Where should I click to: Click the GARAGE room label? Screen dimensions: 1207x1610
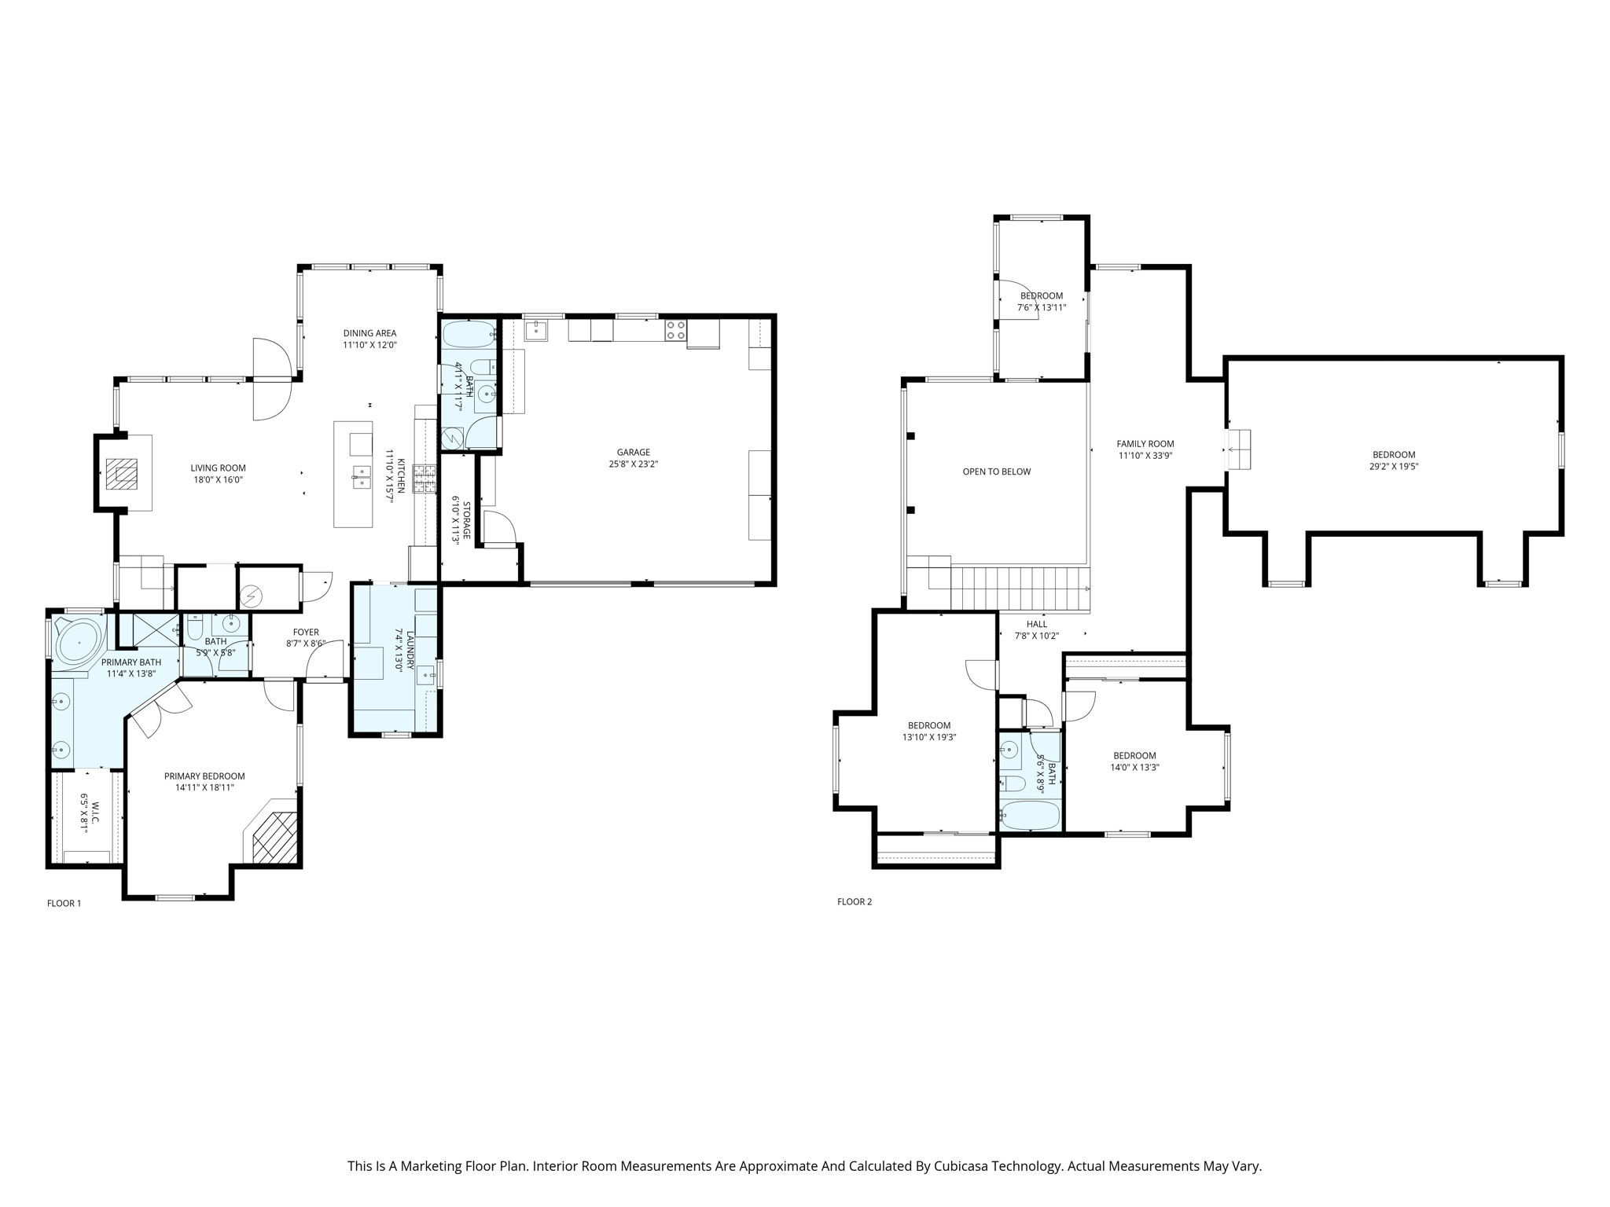tap(633, 452)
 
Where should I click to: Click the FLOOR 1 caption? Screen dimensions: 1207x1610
tap(64, 903)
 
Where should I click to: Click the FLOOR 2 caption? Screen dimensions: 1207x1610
tap(855, 901)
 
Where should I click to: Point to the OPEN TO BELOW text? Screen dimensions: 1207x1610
tap(996, 471)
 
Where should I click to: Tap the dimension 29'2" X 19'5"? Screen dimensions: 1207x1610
tap(1394, 466)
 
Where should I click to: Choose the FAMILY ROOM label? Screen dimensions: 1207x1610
tap(1145, 444)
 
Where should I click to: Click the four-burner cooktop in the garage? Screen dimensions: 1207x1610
tap(675, 330)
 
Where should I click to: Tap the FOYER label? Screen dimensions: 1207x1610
tap(306, 632)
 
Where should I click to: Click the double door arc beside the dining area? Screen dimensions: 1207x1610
tap(273, 379)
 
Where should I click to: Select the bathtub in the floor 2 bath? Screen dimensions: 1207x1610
tap(1031, 815)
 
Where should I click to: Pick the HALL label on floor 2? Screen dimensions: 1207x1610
tap(1036, 624)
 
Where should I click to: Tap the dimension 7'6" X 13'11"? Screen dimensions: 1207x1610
tap(1041, 307)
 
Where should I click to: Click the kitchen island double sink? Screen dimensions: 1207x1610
tap(362, 477)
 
